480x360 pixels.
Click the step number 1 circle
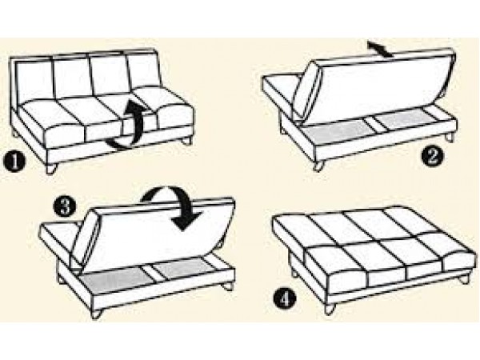click(14, 162)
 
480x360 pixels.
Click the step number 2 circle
click(432, 156)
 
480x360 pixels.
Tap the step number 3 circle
click(64, 206)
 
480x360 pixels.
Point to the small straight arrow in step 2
click(380, 50)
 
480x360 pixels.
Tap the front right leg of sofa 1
click(186, 142)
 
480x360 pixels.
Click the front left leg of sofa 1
click(51, 169)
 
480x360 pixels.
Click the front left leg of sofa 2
click(318, 166)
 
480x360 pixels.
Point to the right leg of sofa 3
click(227, 286)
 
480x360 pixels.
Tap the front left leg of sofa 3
click(97, 314)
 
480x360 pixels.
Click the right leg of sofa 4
click(464, 279)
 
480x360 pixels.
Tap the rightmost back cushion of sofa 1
click(144, 74)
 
